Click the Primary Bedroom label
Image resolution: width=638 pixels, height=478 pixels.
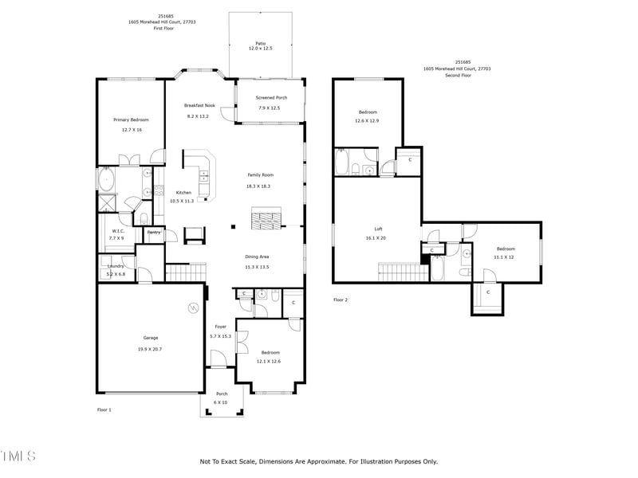131,119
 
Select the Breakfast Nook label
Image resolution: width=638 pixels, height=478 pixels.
199,105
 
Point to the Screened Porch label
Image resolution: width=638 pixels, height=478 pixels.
271,98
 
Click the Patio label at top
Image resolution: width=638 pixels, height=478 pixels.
260,43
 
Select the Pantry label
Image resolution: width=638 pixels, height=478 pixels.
153,233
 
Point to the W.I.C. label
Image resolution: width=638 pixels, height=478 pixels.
116,231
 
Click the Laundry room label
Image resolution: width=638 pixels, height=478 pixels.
116,266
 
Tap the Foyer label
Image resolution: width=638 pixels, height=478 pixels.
221,327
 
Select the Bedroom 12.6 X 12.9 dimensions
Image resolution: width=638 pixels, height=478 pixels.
367,121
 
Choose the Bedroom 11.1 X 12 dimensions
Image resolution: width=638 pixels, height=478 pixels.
504,257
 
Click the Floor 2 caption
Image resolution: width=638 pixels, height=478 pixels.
341,300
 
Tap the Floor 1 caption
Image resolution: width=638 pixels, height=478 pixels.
104,409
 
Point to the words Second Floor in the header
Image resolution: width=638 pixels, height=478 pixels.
457,76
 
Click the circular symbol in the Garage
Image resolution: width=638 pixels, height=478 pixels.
192,308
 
